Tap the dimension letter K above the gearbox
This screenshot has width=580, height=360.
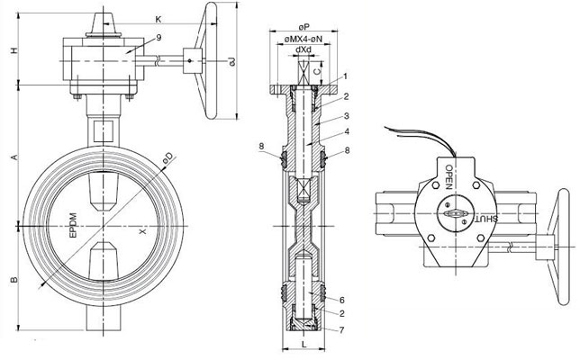pyautogui.click(x=158, y=19)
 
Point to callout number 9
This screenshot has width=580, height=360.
pyautogui.click(x=159, y=37)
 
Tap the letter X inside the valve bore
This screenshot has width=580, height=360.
pyautogui.click(x=140, y=230)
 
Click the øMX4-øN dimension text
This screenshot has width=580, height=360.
pyautogui.click(x=304, y=40)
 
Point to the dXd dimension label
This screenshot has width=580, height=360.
pyautogui.click(x=304, y=50)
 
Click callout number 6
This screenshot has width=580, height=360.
pyautogui.click(x=343, y=298)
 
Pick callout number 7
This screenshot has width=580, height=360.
pyautogui.click(x=343, y=330)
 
